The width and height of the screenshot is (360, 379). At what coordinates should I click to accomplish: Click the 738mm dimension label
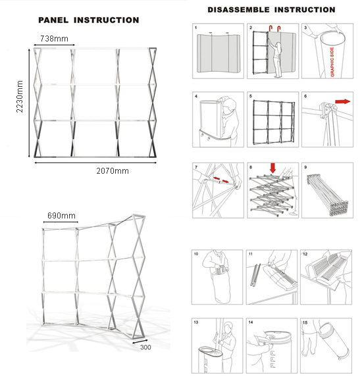click(54, 39)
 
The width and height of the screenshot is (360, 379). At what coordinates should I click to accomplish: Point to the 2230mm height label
click(20, 97)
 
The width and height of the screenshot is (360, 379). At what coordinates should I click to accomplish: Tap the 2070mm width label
click(113, 171)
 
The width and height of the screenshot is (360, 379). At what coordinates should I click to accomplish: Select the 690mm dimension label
click(61, 215)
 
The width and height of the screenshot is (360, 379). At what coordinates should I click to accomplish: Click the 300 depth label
click(145, 347)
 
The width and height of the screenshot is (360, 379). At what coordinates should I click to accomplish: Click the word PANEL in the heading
click(53, 20)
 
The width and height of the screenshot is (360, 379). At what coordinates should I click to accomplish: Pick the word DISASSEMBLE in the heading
click(239, 10)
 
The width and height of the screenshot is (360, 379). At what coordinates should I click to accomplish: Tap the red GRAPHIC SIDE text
click(332, 62)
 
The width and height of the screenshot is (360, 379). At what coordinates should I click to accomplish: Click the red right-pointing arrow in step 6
click(343, 101)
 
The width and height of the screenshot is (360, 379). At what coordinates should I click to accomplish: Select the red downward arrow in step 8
click(272, 168)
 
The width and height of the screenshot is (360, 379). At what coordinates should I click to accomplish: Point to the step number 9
click(305, 167)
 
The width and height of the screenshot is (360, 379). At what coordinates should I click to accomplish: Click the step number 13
click(196, 322)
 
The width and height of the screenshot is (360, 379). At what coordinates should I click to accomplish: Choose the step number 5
click(251, 96)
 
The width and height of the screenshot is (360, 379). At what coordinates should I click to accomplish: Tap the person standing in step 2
click(278, 60)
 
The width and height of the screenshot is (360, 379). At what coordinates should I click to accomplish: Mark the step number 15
click(305, 322)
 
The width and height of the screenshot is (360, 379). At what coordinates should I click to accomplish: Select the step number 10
click(196, 254)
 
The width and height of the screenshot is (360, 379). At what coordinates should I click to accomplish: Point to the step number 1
click(196, 28)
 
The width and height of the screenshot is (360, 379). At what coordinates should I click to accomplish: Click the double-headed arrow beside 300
click(140, 341)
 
